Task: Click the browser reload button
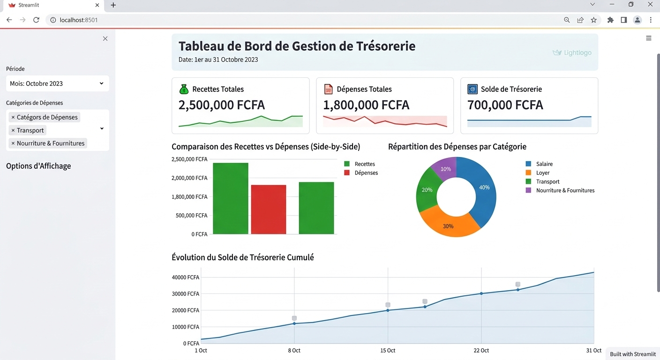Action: click(36, 20)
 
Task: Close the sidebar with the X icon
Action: click(105, 38)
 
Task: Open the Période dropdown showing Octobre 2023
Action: click(58, 83)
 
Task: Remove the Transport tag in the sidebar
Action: click(13, 130)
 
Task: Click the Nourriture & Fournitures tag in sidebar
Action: click(51, 143)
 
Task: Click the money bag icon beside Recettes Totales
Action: click(184, 89)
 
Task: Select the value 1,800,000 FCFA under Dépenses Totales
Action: click(366, 105)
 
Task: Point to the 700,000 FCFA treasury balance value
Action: click(505, 105)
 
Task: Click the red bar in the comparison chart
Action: click(269, 209)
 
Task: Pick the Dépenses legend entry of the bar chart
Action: click(366, 173)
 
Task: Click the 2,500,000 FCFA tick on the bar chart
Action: click(189, 159)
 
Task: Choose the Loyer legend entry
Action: click(543, 173)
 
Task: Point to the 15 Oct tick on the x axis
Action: click(388, 351)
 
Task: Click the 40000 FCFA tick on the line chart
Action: click(186, 277)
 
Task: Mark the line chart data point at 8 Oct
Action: click(294, 323)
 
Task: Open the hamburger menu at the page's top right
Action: click(649, 38)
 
